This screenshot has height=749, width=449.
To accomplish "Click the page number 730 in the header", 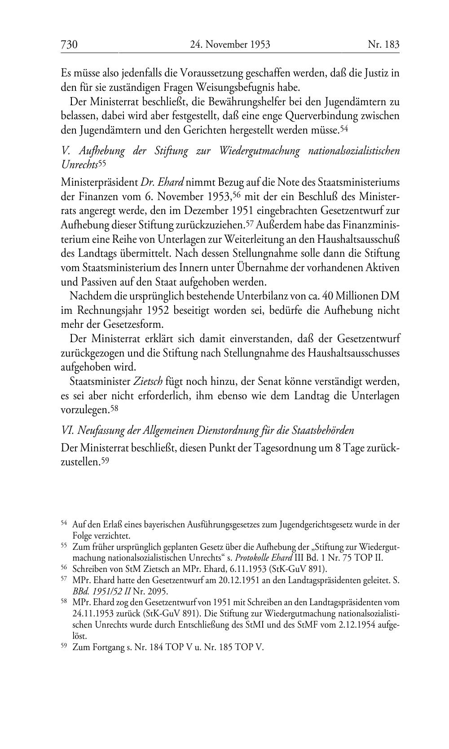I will [70, 45].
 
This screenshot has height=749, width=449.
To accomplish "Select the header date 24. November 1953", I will [230, 45].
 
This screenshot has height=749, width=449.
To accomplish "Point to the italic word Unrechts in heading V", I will [79, 165].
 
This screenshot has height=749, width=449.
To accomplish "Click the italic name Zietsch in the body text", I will [148, 382].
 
